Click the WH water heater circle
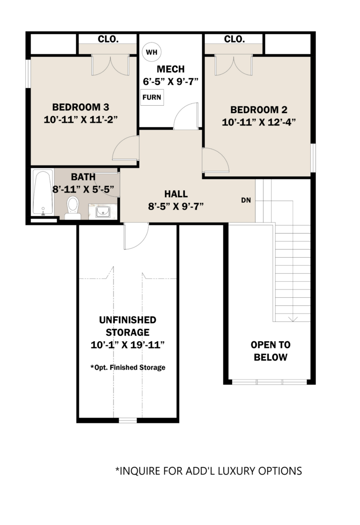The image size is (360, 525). (151, 52)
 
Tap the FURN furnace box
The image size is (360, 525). (152, 97)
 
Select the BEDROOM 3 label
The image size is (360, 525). (81, 107)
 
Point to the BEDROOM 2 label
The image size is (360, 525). (259, 110)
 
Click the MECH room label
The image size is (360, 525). (171, 69)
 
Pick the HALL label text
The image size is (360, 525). (176, 194)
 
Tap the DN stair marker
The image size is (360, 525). (246, 200)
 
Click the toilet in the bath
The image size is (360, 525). (72, 208)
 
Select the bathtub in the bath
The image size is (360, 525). (43, 192)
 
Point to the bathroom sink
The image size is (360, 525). (103, 211)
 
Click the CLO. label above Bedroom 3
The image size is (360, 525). (108, 39)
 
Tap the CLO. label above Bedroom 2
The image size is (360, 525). (234, 39)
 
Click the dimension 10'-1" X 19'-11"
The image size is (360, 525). (128, 344)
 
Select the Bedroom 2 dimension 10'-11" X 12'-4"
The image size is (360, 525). (259, 122)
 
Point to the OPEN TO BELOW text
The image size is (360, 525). (270, 351)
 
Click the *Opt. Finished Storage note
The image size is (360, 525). (128, 367)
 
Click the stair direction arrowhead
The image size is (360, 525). (293, 320)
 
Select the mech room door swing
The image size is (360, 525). (186, 116)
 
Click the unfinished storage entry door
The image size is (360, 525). (136, 236)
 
